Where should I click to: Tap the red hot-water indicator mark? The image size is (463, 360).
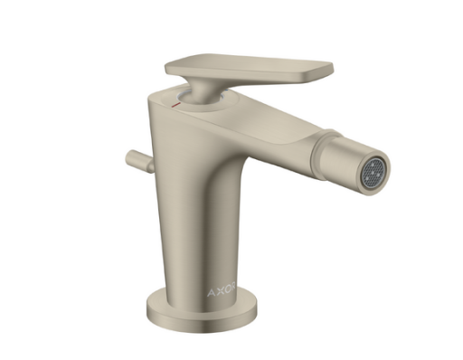pos(175,105)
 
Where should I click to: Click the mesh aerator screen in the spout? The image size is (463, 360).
pos(374,172)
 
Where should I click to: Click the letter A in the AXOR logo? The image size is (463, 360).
pos(211,292)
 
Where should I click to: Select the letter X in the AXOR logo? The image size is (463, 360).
pos(221,291)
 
